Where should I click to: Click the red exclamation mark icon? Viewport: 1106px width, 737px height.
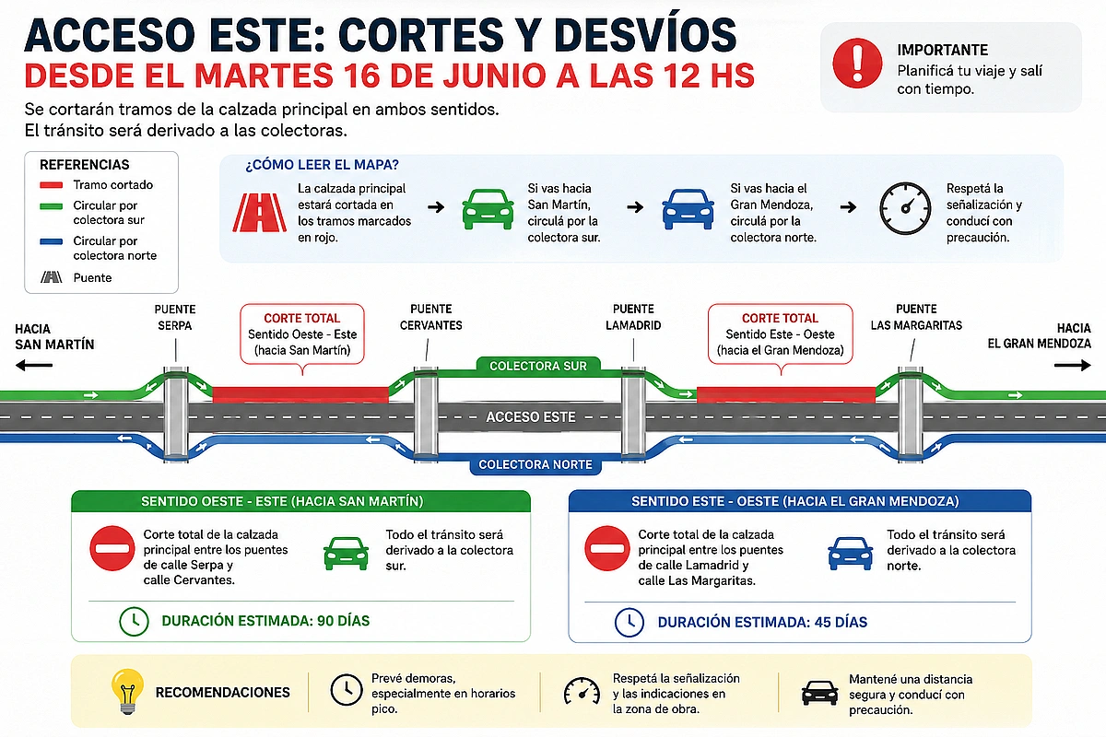pyautogui.click(x=857, y=64)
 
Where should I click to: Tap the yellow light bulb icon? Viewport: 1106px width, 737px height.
pyautogui.click(x=128, y=692)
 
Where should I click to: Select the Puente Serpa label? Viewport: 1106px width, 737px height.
pyautogui.click(x=175, y=318)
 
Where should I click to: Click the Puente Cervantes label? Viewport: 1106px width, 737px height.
pyautogui.click(x=431, y=317)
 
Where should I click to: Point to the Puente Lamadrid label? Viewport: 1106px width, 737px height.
pyautogui.click(x=633, y=317)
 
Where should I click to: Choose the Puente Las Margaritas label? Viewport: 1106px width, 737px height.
pyautogui.click(x=916, y=317)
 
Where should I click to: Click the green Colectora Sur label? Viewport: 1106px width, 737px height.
pyautogui.click(x=538, y=366)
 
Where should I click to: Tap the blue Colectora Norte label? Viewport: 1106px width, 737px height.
pyautogui.click(x=535, y=464)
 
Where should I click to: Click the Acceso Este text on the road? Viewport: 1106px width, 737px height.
pyautogui.click(x=531, y=417)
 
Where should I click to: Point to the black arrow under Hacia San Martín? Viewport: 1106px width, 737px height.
pyautogui.click(x=34, y=366)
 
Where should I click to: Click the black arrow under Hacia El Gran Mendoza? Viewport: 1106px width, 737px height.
pyautogui.click(x=1073, y=366)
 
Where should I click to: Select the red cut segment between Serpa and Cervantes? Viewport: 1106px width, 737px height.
pyautogui.click(x=300, y=395)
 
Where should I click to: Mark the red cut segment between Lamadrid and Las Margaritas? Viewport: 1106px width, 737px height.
pyautogui.click(x=786, y=395)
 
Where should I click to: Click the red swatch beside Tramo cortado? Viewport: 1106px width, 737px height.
pyautogui.click(x=52, y=185)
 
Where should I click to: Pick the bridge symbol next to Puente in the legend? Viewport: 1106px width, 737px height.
pyautogui.click(x=52, y=277)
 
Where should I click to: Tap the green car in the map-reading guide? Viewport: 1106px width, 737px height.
pyautogui.click(x=488, y=209)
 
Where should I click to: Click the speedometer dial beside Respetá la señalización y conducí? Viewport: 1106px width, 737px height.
pyautogui.click(x=905, y=208)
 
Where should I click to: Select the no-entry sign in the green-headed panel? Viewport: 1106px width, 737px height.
pyautogui.click(x=112, y=548)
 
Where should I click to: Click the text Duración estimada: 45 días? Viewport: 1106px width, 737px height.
pyautogui.click(x=762, y=622)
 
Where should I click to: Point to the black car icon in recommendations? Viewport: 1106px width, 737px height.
pyautogui.click(x=819, y=693)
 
